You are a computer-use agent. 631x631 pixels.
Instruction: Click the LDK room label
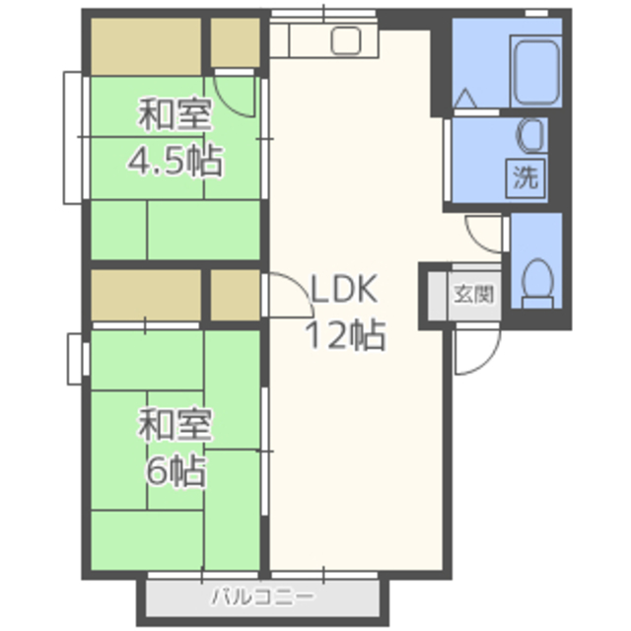click(344, 289)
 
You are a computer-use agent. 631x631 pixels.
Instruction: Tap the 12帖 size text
click(345, 335)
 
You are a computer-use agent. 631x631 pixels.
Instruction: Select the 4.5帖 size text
click(175, 161)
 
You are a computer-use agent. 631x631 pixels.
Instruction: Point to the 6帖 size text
click(175, 471)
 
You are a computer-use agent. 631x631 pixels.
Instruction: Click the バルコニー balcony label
click(262, 596)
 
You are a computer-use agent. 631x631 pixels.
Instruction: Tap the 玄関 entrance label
click(473, 294)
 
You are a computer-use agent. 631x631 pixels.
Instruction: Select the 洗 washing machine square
click(526, 177)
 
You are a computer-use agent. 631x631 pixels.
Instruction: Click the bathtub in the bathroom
click(535, 72)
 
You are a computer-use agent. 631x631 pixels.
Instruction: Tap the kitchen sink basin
click(345, 40)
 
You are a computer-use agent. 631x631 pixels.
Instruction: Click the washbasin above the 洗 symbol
click(531, 135)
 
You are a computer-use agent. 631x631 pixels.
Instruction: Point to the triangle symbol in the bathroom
click(465, 99)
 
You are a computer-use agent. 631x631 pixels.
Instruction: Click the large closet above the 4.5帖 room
click(146, 46)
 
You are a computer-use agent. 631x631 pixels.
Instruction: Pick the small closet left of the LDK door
click(236, 295)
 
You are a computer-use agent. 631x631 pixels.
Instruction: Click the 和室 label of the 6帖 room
click(175, 425)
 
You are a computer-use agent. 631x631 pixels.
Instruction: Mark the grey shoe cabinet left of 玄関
click(437, 296)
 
